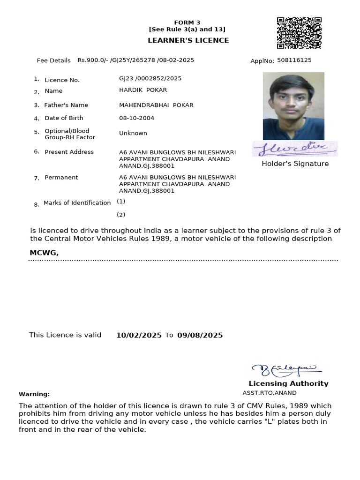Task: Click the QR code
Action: click(299, 33)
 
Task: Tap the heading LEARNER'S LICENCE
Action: click(188, 40)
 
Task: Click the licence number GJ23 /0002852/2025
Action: click(150, 78)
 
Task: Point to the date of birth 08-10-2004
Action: click(136, 118)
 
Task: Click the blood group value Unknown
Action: click(133, 133)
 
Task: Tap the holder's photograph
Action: click(293, 106)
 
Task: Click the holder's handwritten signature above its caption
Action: click(295, 149)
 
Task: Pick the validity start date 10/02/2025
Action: click(139, 335)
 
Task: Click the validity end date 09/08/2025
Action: click(200, 335)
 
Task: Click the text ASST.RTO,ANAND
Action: click(270, 393)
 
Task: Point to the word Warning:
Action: click(34, 394)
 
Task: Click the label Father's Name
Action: click(66, 105)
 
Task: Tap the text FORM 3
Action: click(187, 22)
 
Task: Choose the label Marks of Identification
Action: click(77, 202)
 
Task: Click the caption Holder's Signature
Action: click(295, 164)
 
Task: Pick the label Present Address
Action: click(69, 152)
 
